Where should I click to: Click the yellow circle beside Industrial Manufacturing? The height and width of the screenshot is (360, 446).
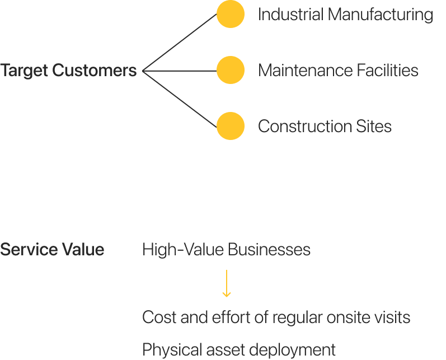coord(231,15)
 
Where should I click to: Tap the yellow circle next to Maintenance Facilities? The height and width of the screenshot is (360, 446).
coord(231,71)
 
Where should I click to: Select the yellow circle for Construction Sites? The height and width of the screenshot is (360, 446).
coord(231,126)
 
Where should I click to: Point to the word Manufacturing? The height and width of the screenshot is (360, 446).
coord(380,15)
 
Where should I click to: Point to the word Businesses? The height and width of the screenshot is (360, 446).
coord(270,250)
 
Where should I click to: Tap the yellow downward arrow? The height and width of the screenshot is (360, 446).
coord(226,284)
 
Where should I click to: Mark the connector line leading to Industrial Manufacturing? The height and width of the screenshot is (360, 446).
coord(180,43)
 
